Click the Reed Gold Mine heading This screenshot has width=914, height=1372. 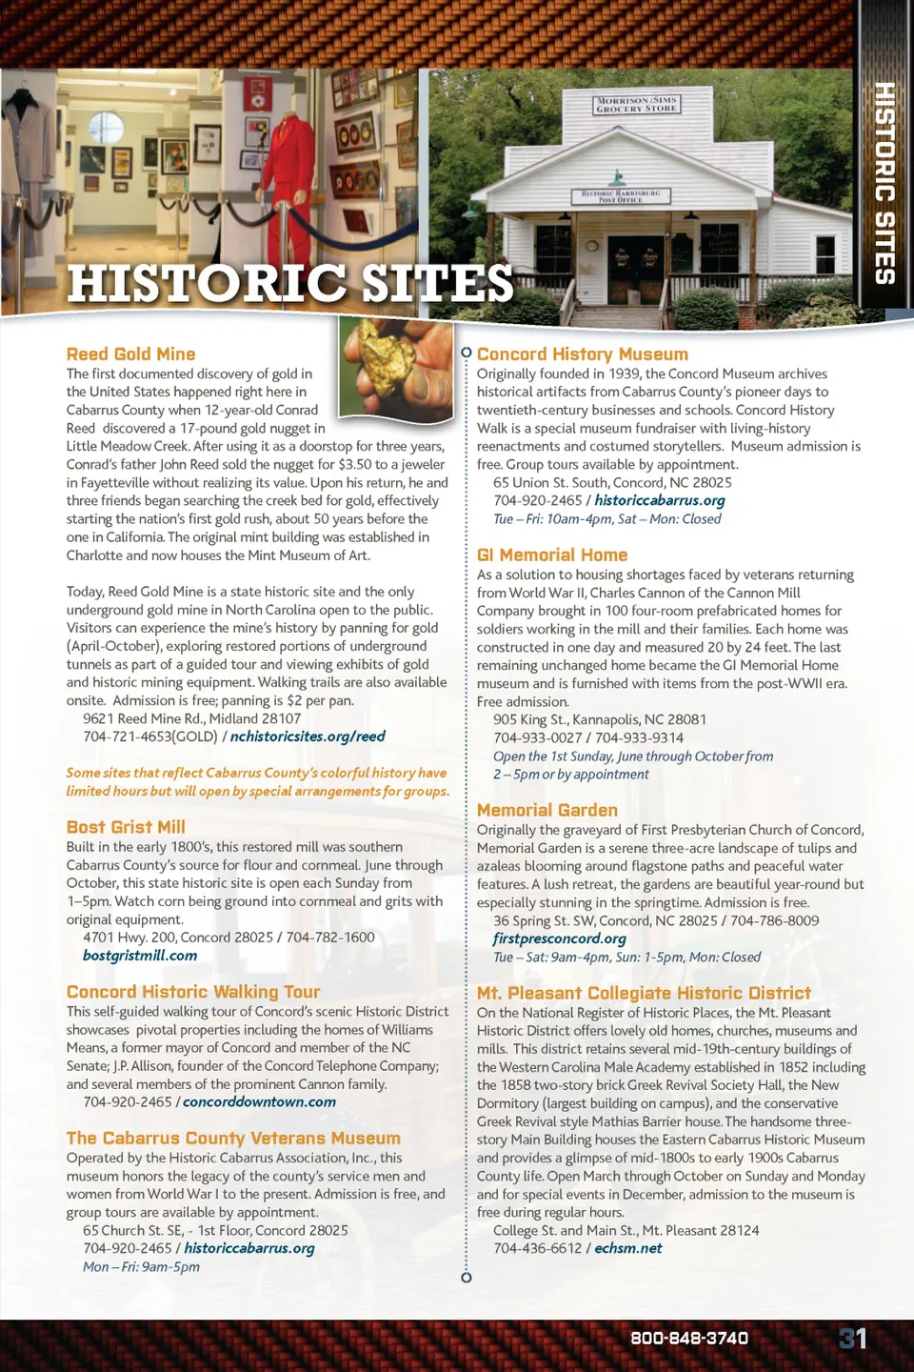pos(130,354)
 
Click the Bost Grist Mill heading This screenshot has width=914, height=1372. pos(126,827)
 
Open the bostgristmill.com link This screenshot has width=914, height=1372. pos(140,956)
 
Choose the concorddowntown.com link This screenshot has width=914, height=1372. pos(259,1102)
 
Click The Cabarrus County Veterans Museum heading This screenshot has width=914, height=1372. pos(233,1139)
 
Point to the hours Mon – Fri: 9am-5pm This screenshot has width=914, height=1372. pos(141,1267)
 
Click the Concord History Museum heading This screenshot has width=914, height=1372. pos(582,354)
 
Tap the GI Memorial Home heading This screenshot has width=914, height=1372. pos(552,555)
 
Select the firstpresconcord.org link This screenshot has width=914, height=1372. pos(559,938)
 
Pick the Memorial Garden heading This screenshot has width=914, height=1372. pos(547,810)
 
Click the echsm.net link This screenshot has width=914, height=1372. pos(628,1248)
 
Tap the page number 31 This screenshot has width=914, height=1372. pos(852,1339)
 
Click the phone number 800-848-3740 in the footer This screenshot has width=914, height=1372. pos(689,1339)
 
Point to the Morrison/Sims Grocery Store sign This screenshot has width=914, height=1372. pos(636,104)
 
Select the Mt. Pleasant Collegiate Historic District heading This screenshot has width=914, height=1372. pos(644,993)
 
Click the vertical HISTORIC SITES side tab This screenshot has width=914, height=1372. pos(884,184)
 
